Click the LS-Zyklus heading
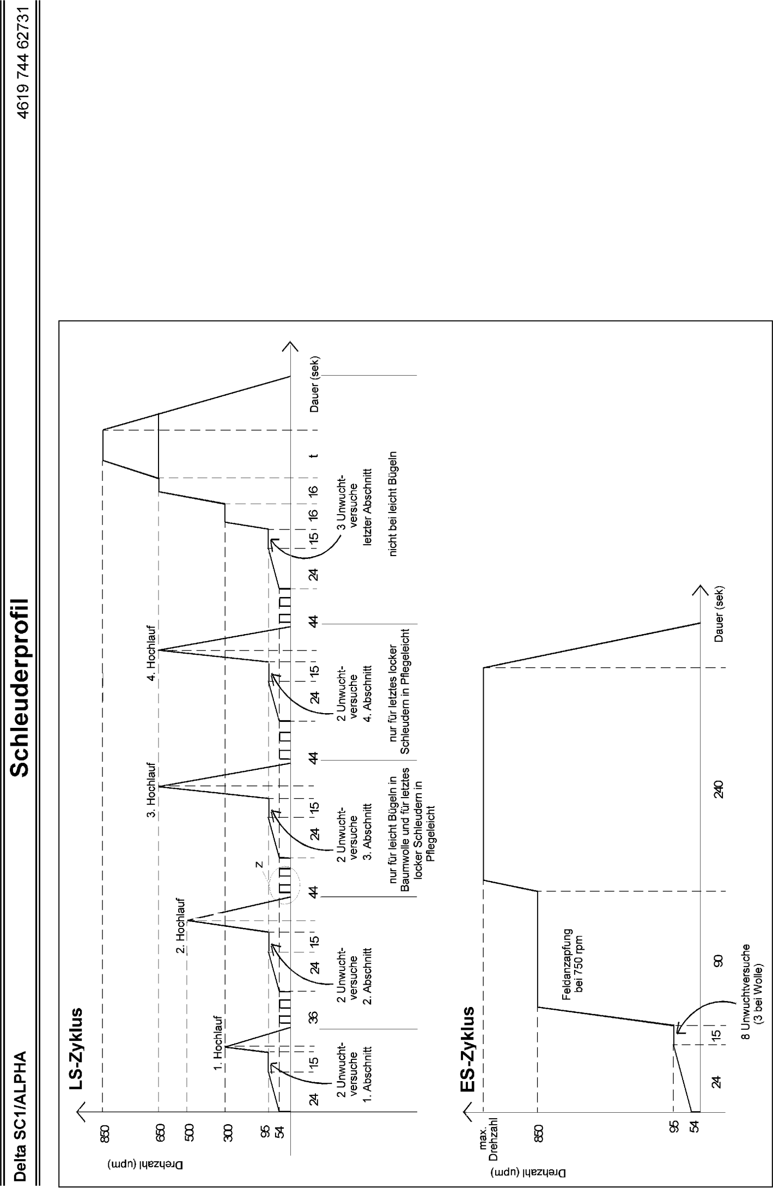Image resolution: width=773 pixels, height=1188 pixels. (x=76, y=1056)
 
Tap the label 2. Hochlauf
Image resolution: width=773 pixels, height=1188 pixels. (x=181, y=926)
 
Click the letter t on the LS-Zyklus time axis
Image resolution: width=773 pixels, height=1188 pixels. (x=314, y=456)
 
